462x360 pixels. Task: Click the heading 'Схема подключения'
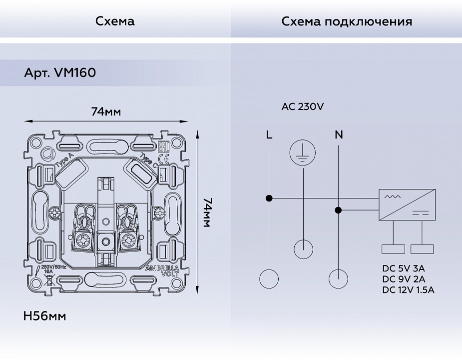pyautogui.click(x=346, y=21)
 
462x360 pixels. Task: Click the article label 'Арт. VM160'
pyautogui.click(x=60, y=73)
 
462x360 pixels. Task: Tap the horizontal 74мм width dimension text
pyautogui.click(x=106, y=111)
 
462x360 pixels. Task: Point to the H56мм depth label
pyautogui.click(x=45, y=316)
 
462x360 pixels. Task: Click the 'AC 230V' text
pyautogui.click(x=303, y=106)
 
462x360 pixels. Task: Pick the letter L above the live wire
pyautogui.click(x=269, y=134)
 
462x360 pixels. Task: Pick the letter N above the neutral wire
pyautogui.click(x=339, y=134)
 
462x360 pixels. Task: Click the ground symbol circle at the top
pyautogui.click(x=303, y=153)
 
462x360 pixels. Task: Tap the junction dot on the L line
pyautogui.click(x=269, y=198)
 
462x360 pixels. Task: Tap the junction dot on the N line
pyautogui.click(x=339, y=210)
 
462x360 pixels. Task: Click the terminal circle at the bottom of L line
pyautogui.click(x=269, y=278)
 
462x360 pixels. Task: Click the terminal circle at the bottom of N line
pyautogui.click(x=339, y=278)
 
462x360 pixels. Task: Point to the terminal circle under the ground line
pyautogui.click(x=303, y=248)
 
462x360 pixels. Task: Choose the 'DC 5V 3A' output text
pyautogui.click(x=404, y=269)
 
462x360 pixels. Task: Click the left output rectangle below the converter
pyautogui.click(x=393, y=249)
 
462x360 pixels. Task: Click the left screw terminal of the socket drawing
pyautogui.click(x=82, y=241)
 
